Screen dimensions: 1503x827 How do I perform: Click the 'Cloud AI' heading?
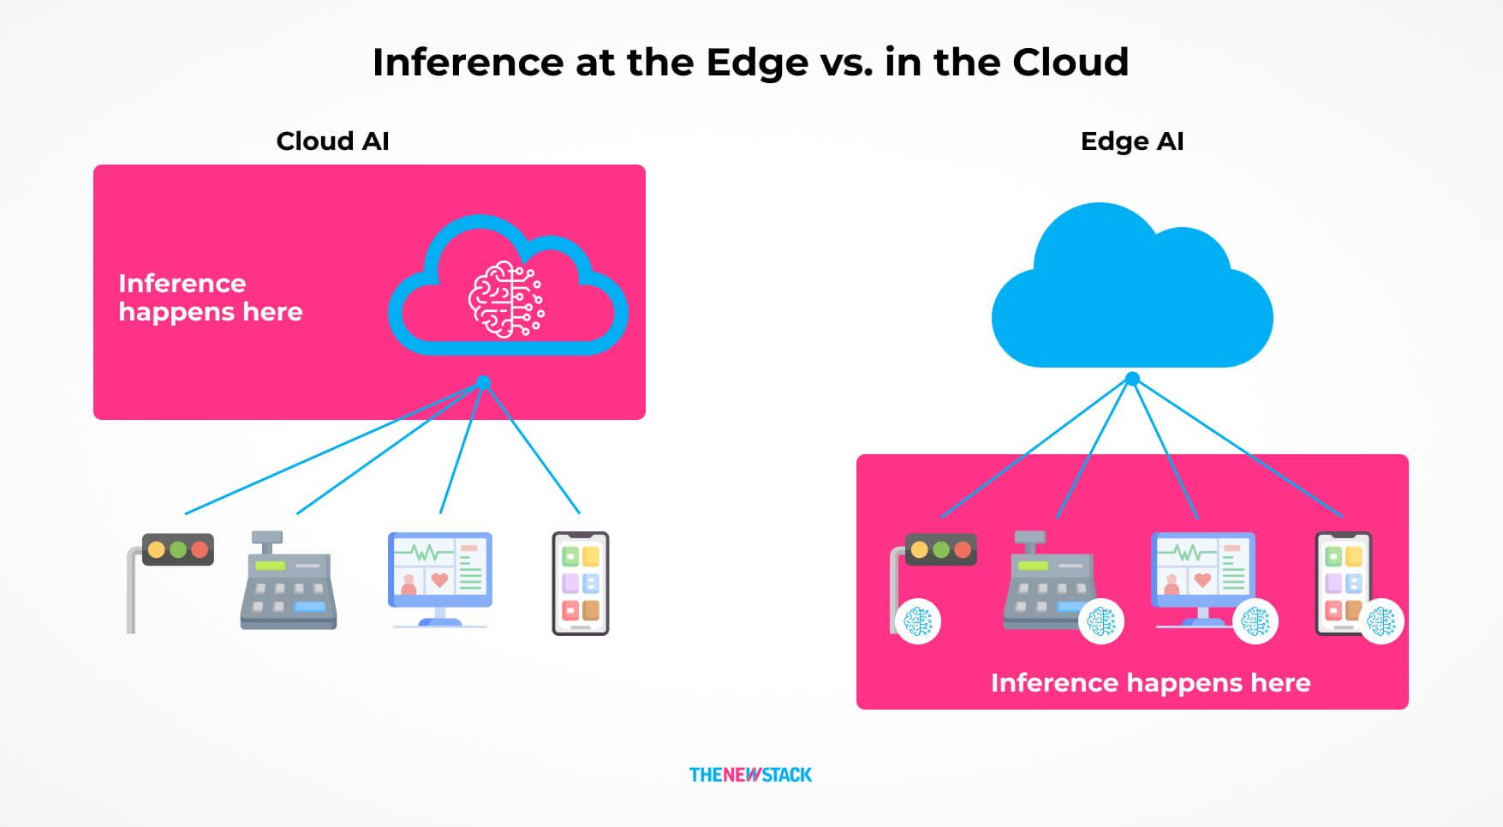(332, 141)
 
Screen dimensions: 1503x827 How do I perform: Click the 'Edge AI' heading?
(1132, 141)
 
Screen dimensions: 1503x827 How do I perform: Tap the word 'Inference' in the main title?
(468, 63)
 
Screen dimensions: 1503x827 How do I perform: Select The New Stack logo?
(750, 775)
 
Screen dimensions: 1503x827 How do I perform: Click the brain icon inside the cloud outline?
(505, 299)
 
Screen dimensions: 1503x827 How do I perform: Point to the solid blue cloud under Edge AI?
(1132, 285)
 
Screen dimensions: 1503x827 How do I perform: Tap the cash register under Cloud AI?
(288, 580)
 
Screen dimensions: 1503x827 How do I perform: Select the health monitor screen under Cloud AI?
(440, 579)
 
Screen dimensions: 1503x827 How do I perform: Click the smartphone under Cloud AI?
(581, 583)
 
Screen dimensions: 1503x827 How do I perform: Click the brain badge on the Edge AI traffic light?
(918, 620)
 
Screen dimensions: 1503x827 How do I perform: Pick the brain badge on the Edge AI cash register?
(1101, 620)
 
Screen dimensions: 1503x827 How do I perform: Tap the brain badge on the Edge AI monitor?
(1255, 620)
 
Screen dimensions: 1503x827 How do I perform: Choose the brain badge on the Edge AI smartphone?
(1381, 620)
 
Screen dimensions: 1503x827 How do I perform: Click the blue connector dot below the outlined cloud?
(484, 382)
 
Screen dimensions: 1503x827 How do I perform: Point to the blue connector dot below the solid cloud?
(1132, 379)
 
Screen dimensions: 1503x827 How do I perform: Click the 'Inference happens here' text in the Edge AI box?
(1150, 683)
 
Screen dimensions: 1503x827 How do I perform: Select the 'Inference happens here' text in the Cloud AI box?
(211, 297)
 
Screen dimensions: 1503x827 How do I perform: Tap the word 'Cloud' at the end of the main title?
(1071, 63)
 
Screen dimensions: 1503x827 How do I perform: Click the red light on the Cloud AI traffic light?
(200, 549)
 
